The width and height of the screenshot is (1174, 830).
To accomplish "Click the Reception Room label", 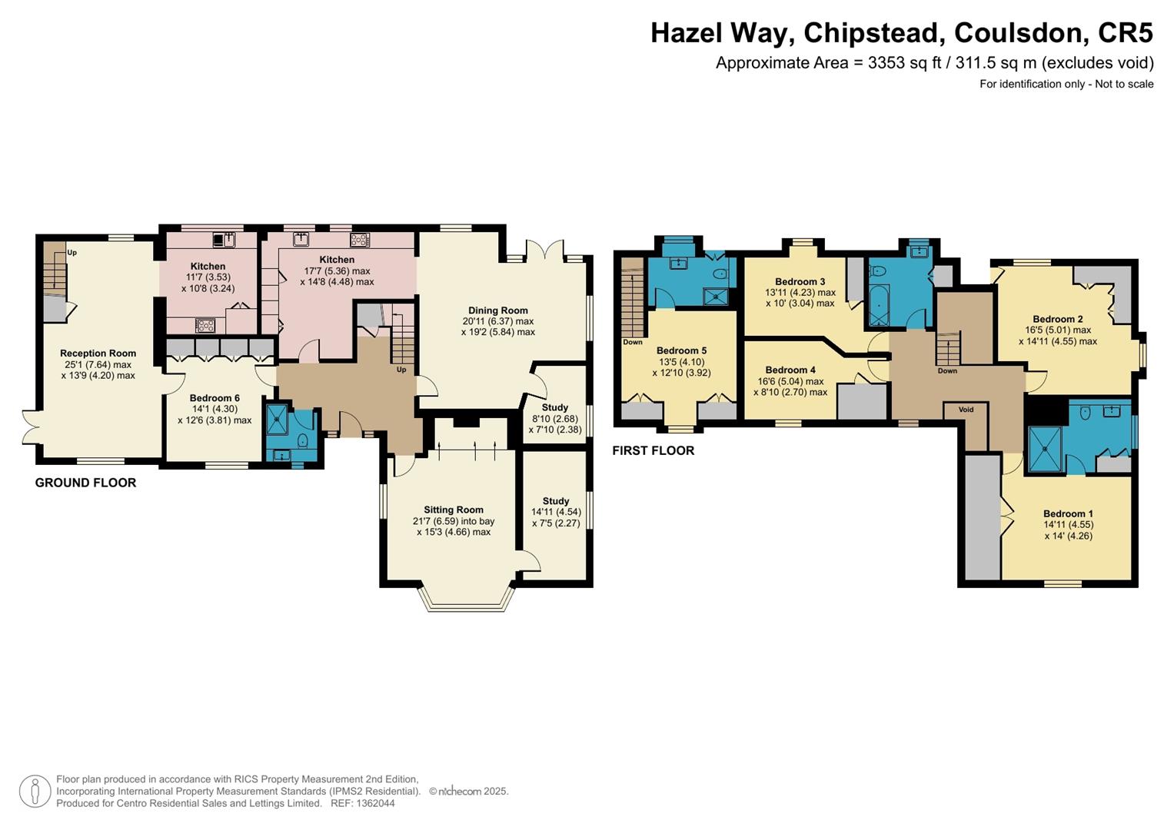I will point(98,354).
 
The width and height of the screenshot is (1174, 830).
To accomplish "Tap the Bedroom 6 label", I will point(215,398).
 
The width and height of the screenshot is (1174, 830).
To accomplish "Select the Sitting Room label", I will point(454,510).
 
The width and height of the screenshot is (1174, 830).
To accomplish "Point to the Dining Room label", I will point(497,310).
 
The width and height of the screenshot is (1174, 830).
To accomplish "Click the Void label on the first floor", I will point(966,410).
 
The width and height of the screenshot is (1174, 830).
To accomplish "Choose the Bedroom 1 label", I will point(1068,513).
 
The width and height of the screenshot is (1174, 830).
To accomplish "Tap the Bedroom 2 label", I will point(1058,319).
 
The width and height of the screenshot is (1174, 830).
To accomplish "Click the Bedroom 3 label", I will point(800,281).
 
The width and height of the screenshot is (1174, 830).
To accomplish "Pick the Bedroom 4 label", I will point(790,370).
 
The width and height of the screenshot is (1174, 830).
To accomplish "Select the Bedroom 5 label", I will point(681,350).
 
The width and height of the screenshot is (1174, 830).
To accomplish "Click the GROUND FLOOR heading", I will point(85,483).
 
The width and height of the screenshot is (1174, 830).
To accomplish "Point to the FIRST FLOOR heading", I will point(653,450).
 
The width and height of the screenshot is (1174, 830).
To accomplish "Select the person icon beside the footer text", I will point(35,791).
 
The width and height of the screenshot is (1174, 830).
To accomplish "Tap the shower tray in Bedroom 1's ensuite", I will point(1047,448).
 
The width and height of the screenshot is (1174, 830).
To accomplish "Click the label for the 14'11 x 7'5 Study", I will point(555,501).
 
